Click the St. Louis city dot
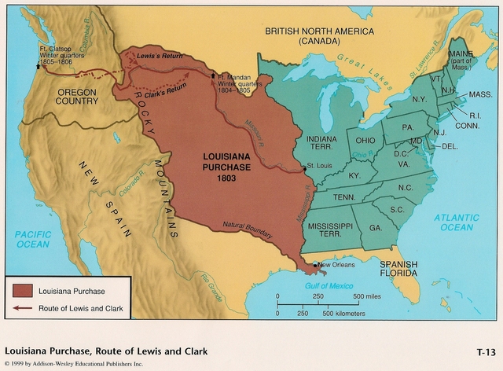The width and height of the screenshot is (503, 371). coord(304,168)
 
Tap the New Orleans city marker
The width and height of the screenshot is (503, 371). coord(315,264)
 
